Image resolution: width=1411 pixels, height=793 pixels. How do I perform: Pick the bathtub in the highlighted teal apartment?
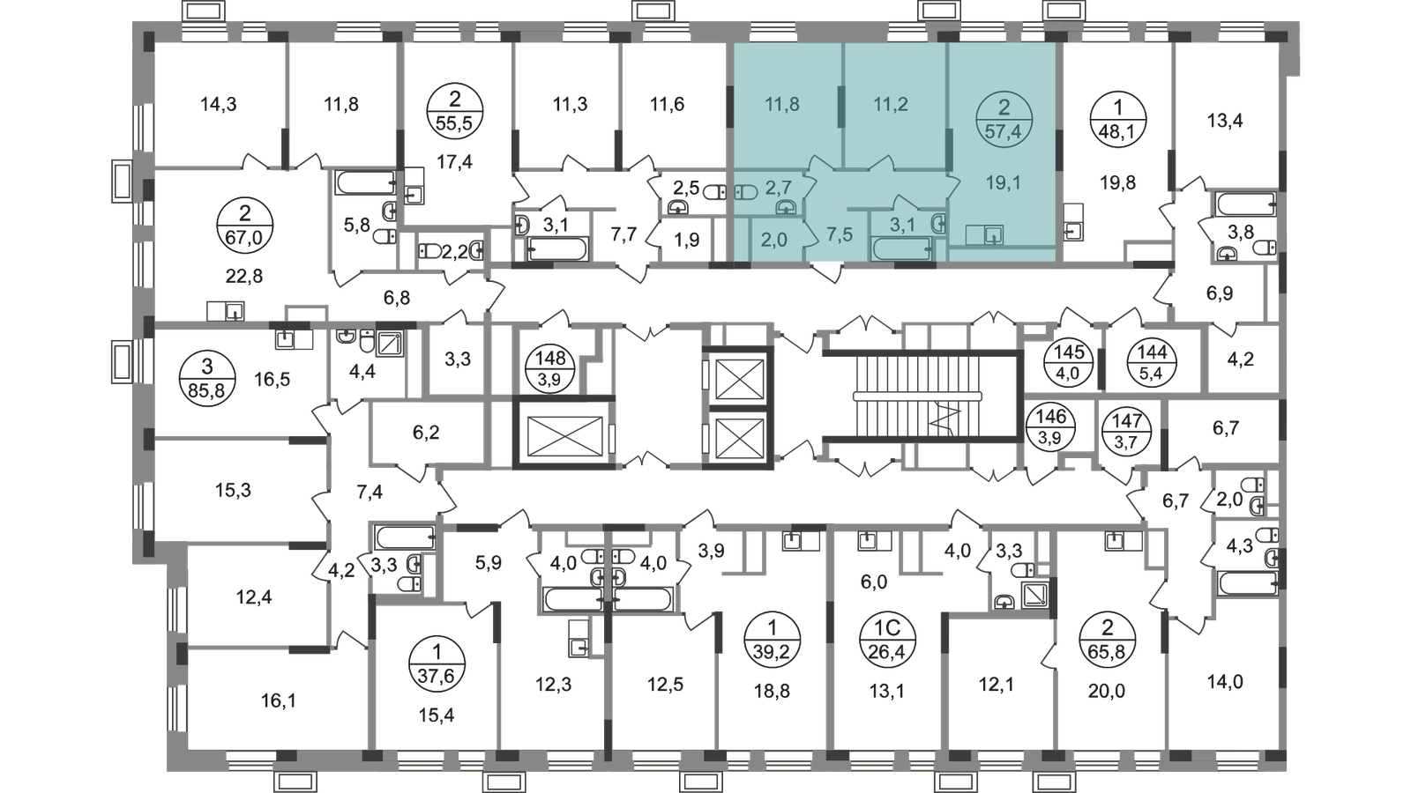click(901, 249)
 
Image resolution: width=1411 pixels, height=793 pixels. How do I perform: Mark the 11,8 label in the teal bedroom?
click(781, 105)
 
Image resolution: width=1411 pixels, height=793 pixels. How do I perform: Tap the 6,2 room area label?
click(426, 434)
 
